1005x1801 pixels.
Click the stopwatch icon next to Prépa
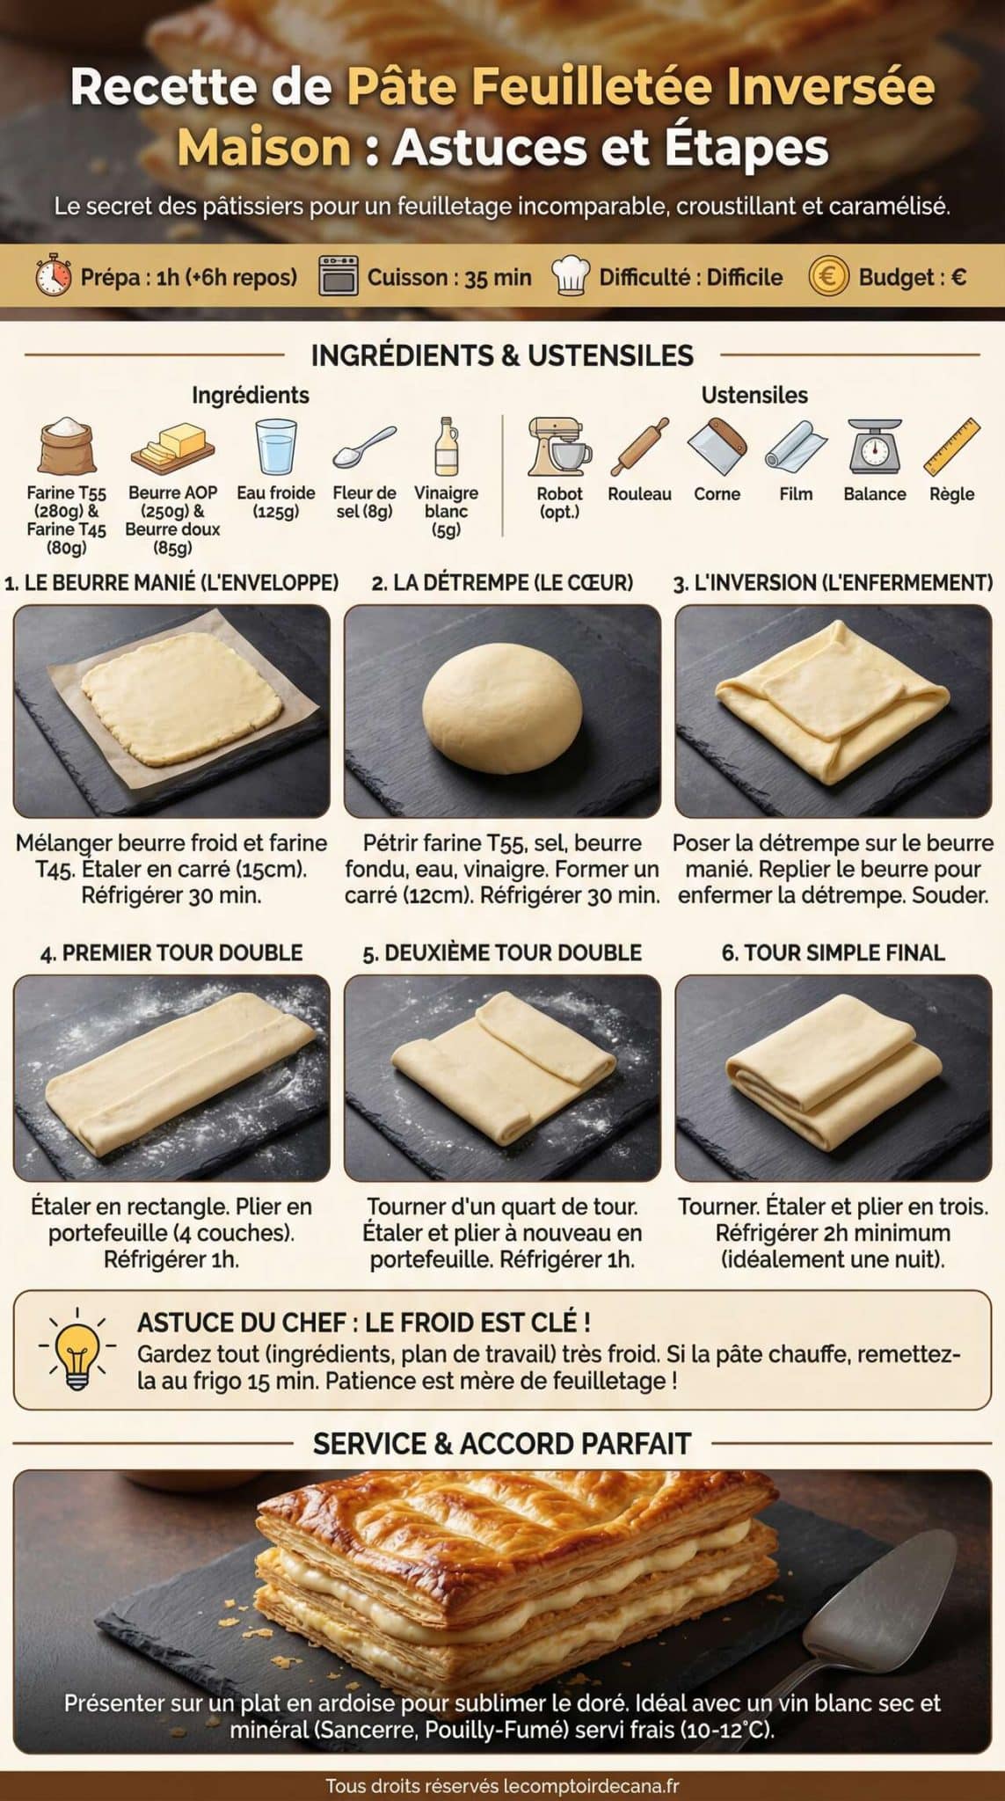pos(54,276)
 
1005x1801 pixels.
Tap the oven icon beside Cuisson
pos(339,276)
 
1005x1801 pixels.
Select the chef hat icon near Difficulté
pos(570,276)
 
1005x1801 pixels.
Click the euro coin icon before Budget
pos(828,276)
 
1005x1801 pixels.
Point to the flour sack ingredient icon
pos(67,446)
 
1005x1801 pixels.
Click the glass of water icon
pos(276,446)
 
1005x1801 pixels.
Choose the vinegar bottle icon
pos(447,446)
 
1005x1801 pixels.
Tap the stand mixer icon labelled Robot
pos(558,446)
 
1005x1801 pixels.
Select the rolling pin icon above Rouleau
pos(640,446)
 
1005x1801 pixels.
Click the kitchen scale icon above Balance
pos(874,446)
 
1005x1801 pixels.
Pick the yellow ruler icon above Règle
pos(951,446)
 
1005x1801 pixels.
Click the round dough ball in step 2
pos(501,707)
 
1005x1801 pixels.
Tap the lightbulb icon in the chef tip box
pos(77,1349)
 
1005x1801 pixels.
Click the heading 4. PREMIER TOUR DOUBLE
pos(171,952)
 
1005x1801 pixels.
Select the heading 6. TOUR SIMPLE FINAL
pos(833,952)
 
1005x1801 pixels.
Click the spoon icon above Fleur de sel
pos(364,447)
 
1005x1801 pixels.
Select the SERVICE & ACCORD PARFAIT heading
pos(502,1443)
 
